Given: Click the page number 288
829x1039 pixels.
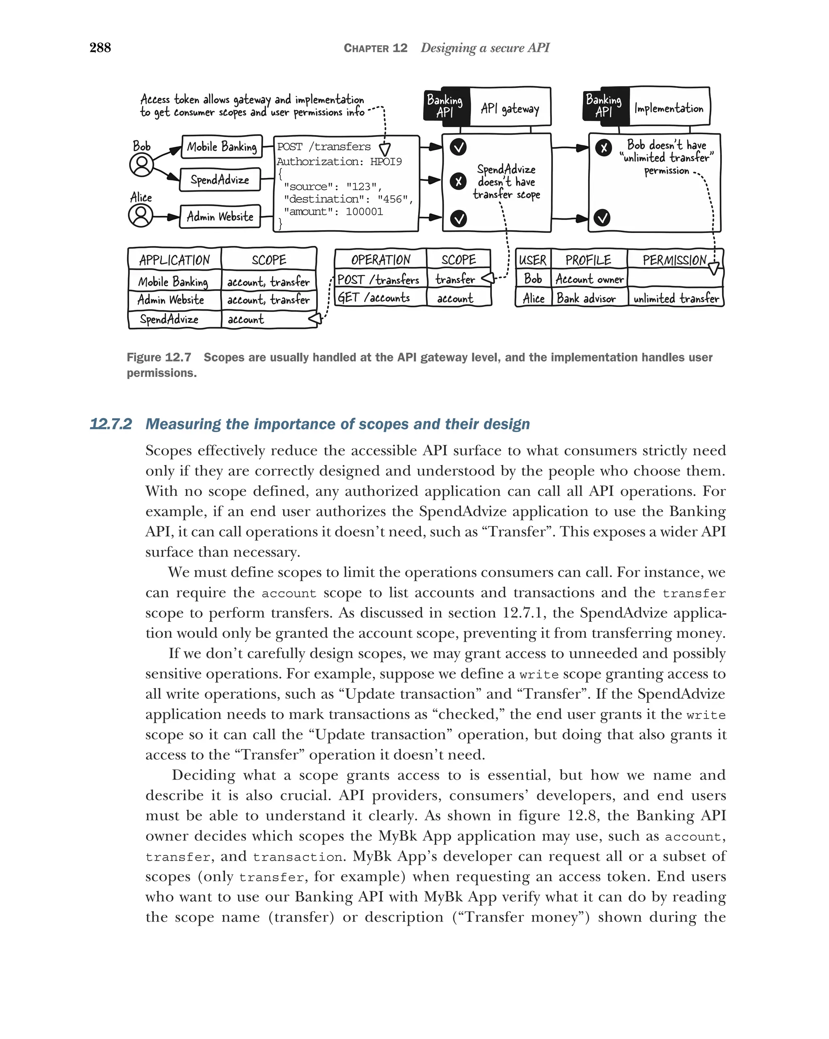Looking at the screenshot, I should tap(100, 47).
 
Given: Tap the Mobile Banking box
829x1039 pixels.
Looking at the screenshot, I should tap(221, 146).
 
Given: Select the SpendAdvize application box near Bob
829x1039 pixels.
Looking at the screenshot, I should tap(219, 180).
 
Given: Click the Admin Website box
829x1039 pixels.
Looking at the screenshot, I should tap(219, 216).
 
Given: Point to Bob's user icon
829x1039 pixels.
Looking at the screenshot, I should tap(141, 165).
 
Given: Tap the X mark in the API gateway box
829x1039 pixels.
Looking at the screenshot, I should tap(458, 182).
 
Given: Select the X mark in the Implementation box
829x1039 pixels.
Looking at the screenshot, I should tap(603, 148).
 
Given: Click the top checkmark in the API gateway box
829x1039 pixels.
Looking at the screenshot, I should tap(458, 146).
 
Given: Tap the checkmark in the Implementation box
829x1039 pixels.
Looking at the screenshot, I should tap(602, 218).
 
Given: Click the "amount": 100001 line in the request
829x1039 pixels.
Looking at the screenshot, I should tap(333, 212).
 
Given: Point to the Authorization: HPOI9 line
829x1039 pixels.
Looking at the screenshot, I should tap(339, 161).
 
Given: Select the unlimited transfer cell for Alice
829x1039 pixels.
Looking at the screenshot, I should tap(676, 298).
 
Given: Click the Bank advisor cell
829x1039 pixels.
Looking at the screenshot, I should tap(586, 298).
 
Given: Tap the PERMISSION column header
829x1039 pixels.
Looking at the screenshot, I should tap(674, 260).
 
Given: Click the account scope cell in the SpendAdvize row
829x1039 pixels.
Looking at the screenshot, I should tap(246, 320).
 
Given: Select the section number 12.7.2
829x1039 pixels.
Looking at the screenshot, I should tap(111, 424).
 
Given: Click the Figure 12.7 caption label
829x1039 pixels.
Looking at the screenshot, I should tap(159, 358).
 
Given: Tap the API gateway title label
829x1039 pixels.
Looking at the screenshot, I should tap(510, 108).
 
